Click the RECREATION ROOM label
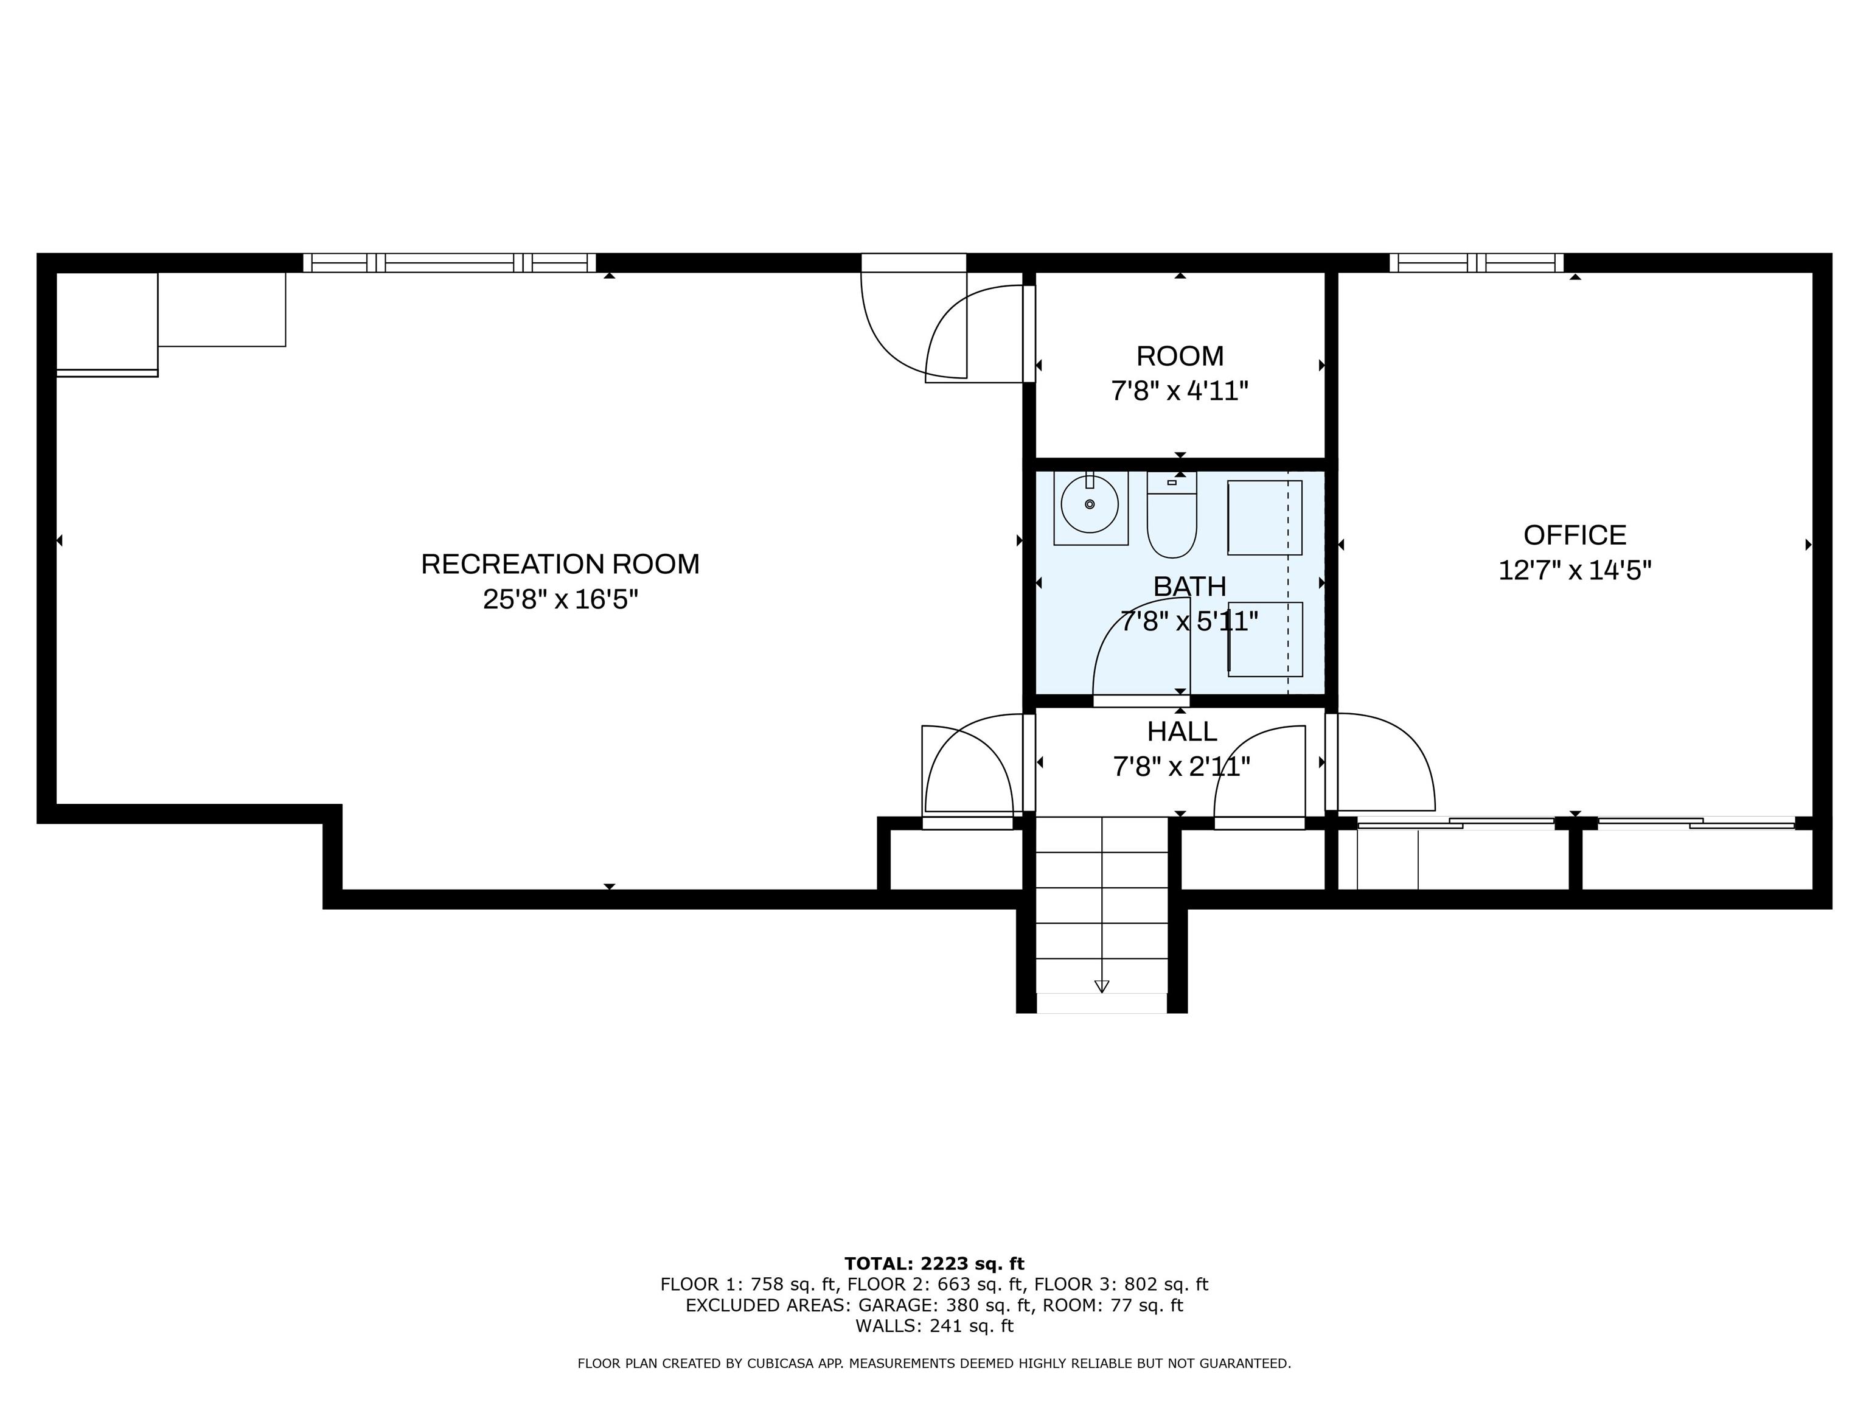(x=560, y=563)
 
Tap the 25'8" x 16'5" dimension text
(x=560, y=599)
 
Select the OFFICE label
(x=1574, y=535)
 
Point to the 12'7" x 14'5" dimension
(x=1574, y=570)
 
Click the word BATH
(x=1189, y=585)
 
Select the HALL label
(x=1182, y=731)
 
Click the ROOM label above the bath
(x=1180, y=356)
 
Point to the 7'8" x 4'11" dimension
(x=1180, y=391)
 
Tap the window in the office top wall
(x=1475, y=263)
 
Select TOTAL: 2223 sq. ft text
(x=934, y=1263)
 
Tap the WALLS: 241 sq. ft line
(x=934, y=1326)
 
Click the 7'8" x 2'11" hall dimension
(x=1182, y=767)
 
